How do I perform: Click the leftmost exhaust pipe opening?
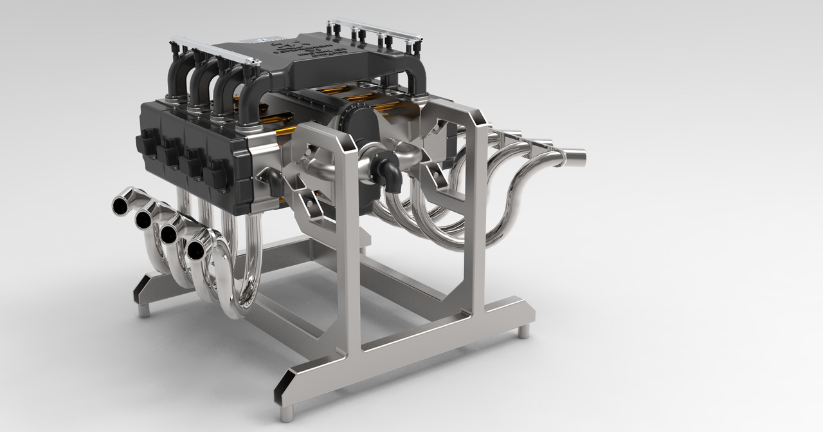tap(120, 205)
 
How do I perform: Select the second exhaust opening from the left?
tap(143, 220)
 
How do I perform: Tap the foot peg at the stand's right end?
tap(524, 331)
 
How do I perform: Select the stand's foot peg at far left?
tap(143, 310)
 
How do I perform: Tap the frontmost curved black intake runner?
tap(254, 97)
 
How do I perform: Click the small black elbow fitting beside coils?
tap(273, 183)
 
